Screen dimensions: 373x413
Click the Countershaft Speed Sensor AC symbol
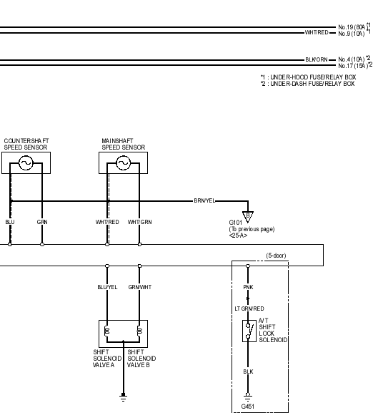(26, 163)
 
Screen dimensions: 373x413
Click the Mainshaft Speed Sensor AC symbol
(124, 163)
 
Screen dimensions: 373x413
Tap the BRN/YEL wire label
(204, 200)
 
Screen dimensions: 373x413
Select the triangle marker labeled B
(248, 216)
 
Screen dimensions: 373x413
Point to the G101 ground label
(236, 223)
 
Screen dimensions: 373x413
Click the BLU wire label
(10, 222)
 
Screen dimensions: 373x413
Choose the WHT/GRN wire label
(139, 222)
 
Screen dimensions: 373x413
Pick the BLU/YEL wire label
(107, 287)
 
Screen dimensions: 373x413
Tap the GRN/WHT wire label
(140, 287)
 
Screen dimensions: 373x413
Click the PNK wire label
(248, 287)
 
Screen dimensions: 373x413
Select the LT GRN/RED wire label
(249, 308)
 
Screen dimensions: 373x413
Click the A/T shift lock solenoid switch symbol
(249, 331)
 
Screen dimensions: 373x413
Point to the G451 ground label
(248, 407)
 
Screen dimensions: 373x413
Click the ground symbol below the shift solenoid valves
(123, 397)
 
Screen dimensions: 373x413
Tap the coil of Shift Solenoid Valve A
(106, 331)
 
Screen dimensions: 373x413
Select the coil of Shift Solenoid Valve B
(139, 331)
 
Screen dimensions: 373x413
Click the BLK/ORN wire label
(317, 60)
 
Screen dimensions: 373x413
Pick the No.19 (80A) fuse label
(352, 27)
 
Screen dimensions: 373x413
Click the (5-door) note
(276, 256)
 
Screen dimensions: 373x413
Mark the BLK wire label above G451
(248, 371)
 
